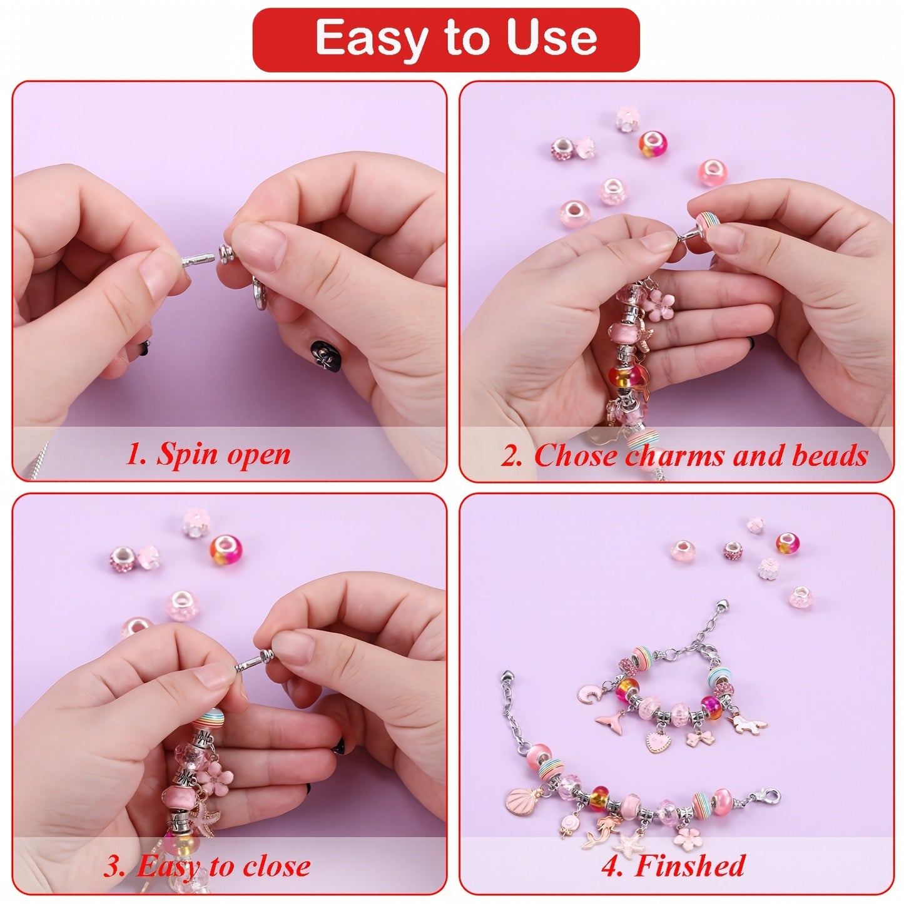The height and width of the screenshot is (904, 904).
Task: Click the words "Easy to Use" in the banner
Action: [x=455, y=39]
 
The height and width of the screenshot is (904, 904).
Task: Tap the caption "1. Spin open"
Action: [x=208, y=454]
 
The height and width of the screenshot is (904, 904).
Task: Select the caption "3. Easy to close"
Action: [x=207, y=866]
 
